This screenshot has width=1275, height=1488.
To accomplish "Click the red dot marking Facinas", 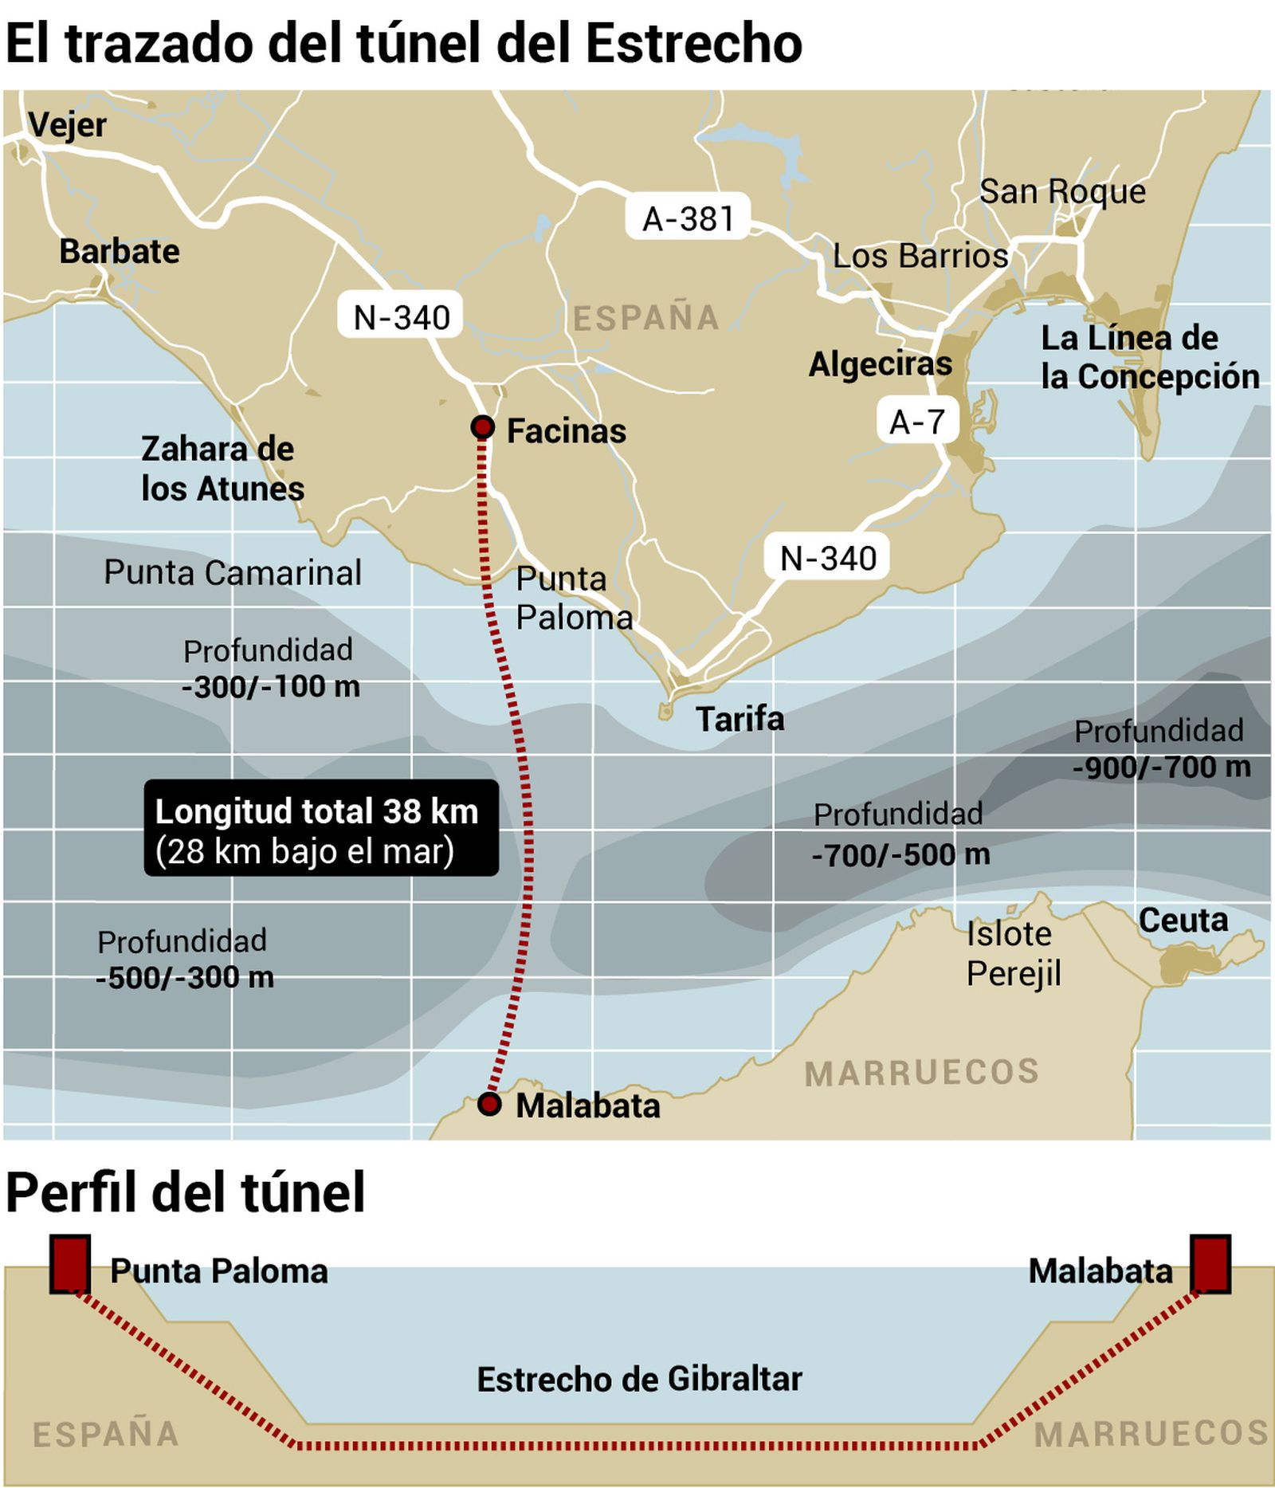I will click(x=482, y=427).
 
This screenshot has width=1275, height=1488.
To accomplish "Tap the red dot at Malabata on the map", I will click(x=488, y=1104).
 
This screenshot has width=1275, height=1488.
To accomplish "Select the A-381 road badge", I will click(x=687, y=218).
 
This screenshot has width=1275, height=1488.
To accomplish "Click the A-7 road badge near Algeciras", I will click(x=916, y=422).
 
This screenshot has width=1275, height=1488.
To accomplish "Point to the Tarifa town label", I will click(x=739, y=719).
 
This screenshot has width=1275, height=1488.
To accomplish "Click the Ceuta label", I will click(x=1183, y=921).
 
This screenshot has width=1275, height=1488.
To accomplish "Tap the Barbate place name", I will click(x=120, y=251).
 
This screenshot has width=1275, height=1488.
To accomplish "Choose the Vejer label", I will click(x=67, y=125).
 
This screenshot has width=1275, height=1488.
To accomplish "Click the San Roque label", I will click(x=1061, y=191).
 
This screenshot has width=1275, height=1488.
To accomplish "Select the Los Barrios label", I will click(x=920, y=256).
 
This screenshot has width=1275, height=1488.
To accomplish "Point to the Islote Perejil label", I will click(x=1013, y=953).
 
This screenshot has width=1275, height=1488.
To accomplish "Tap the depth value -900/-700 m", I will click(x=1161, y=768).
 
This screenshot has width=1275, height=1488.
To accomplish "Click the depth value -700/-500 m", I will click(x=900, y=855).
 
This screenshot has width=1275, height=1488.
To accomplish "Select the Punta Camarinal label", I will click(x=232, y=572).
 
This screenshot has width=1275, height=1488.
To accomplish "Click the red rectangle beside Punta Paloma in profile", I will click(x=70, y=1263).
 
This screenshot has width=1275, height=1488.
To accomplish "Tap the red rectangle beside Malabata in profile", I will click(x=1210, y=1263).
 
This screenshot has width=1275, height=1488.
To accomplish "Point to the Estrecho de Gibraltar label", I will click(x=639, y=1380).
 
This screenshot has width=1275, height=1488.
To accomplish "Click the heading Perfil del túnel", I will click(x=185, y=1192).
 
